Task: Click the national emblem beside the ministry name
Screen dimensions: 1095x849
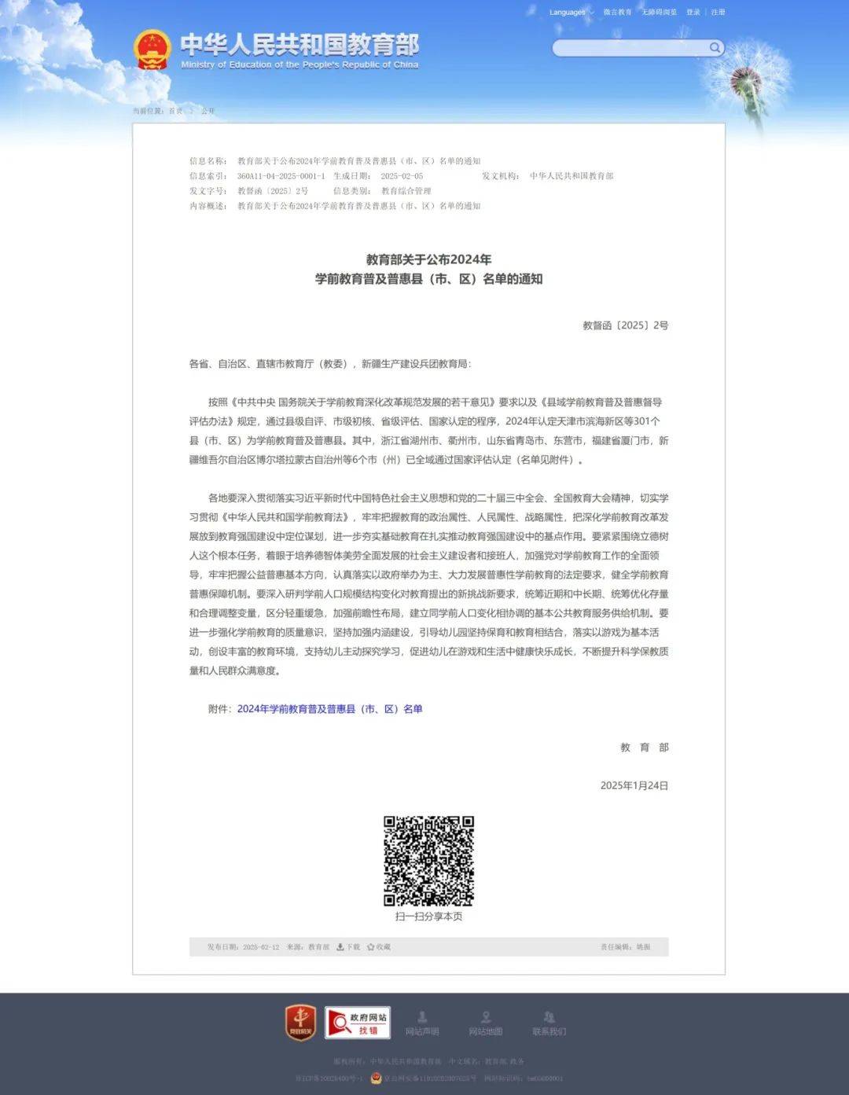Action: [152, 50]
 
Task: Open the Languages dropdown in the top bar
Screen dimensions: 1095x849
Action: [571, 13]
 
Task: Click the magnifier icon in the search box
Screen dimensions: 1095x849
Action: [715, 48]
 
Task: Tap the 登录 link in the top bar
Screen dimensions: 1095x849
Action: [693, 13]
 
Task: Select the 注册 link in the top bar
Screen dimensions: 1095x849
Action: [718, 13]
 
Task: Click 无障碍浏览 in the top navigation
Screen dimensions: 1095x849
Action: [659, 13]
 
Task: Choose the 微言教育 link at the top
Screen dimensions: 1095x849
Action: [617, 13]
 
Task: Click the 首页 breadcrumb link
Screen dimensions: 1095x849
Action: [175, 111]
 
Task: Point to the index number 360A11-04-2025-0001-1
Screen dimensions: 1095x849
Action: [281, 176]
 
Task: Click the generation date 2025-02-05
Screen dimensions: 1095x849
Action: [402, 176]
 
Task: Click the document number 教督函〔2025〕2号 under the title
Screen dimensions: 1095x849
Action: [625, 325]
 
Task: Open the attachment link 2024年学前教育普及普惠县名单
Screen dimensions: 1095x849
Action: [329, 709]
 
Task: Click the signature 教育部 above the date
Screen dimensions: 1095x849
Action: [644, 748]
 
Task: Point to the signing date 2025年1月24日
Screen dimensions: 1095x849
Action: [634, 785]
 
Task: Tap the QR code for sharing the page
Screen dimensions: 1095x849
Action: [428, 861]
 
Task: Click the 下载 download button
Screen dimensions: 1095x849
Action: [348, 947]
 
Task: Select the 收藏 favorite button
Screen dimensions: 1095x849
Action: [378, 947]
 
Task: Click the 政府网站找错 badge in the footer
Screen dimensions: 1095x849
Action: [358, 1023]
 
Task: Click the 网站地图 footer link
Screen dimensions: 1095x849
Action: [485, 1023]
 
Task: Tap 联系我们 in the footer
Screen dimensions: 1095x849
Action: [549, 1023]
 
